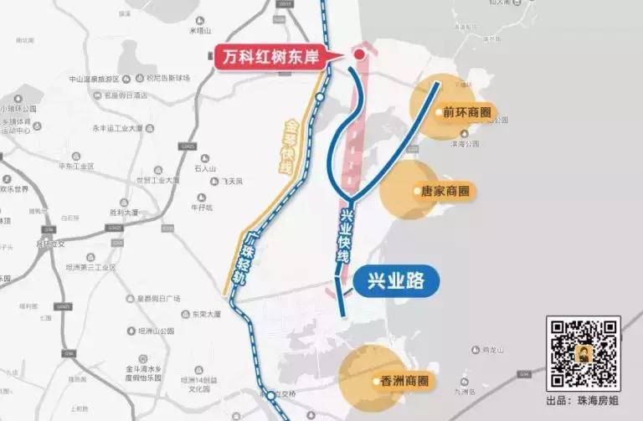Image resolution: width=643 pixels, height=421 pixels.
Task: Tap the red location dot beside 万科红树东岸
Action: click(359, 55)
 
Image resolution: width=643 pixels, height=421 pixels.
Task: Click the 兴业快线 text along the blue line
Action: click(349, 237)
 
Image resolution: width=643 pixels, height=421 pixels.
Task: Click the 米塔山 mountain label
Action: click(203, 31)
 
